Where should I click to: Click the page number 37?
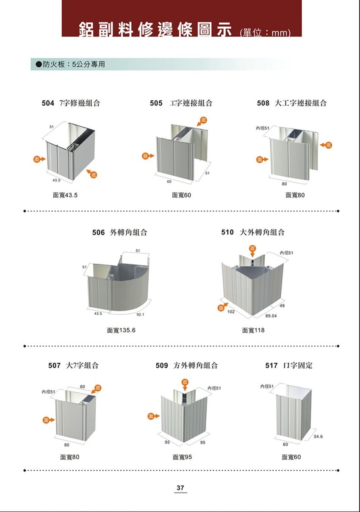(x=180, y=488)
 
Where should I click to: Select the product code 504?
(x=48, y=103)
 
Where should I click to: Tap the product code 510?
(x=227, y=232)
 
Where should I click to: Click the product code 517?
(x=271, y=365)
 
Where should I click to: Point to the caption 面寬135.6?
(x=121, y=330)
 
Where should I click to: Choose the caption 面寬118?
(x=253, y=330)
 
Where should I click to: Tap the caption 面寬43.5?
(x=65, y=195)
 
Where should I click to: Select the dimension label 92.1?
(x=141, y=314)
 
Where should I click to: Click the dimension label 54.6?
(x=319, y=436)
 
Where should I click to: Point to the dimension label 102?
(x=231, y=312)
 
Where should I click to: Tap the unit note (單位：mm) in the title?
(x=265, y=33)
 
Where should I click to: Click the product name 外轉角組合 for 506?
(x=129, y=232)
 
